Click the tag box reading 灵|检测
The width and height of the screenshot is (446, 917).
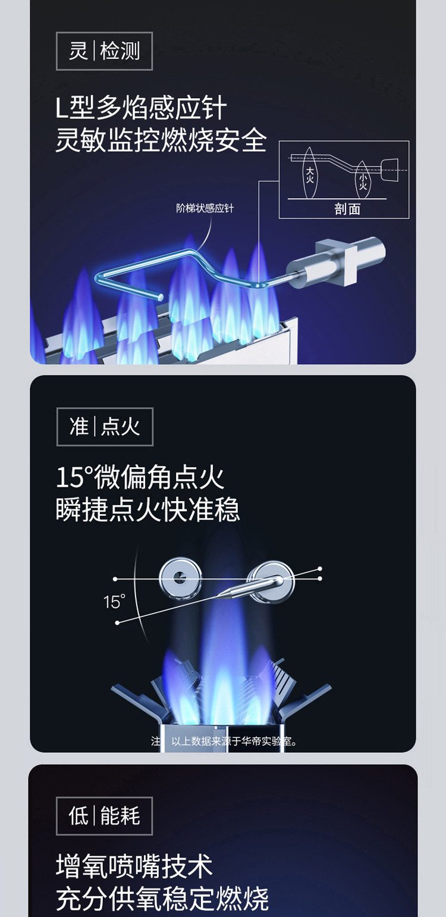point(104,51)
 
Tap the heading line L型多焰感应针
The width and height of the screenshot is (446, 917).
point(141,108)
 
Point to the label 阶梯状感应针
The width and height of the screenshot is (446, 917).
point(205,208)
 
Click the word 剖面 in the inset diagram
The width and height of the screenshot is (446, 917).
point(347,209)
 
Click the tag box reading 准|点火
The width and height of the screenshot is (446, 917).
point(105,427)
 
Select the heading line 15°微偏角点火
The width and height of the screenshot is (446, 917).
point(140,478)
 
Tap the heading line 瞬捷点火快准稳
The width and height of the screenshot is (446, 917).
point(147,509)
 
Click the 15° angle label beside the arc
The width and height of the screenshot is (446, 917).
point(114,602)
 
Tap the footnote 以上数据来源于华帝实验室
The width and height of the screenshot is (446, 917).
point(234,741)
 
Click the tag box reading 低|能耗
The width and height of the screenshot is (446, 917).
point(104,816)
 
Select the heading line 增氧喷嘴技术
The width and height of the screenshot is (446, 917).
point(134,866)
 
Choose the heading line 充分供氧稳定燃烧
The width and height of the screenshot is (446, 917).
point(162,899)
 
